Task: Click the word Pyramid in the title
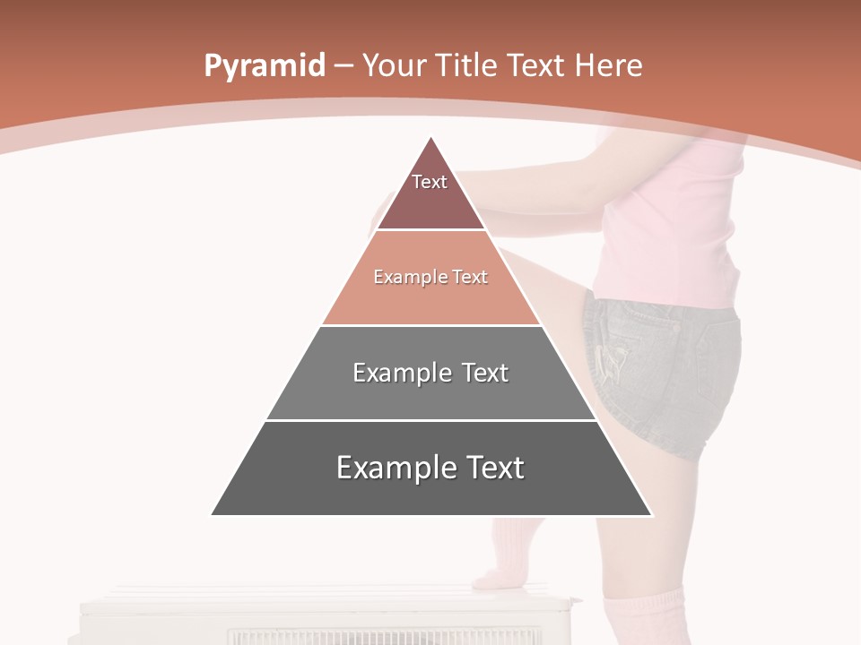click(x=264, y=66)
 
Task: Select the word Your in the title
click(x=394, y=65)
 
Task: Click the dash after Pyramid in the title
click(x=343, y=66)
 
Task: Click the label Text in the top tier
click(x=430, y=182)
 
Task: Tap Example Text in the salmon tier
click(x=430, y=277)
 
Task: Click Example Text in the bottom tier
click(x=430, y=468)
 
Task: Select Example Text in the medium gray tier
click(x=430, y=373)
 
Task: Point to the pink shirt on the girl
click(x=682, y=224)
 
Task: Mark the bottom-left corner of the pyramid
click(x=212, y=515)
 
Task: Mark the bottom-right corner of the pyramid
click(x=652, y=515)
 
